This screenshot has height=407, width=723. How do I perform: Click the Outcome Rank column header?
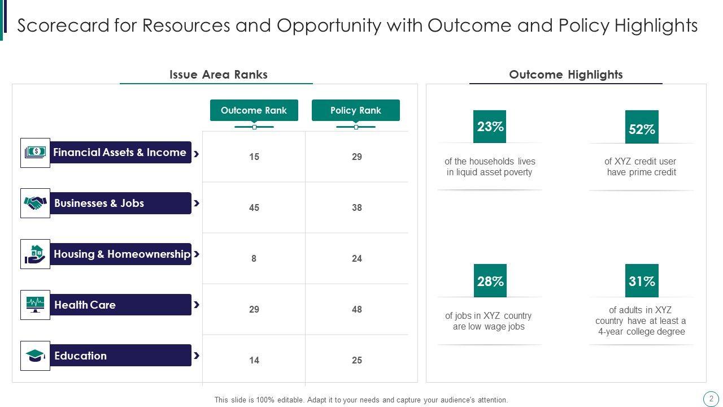click(254, 110)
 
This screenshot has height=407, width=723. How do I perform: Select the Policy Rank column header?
click(355, 110)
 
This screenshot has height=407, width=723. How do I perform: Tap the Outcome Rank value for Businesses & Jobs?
click(254, 207)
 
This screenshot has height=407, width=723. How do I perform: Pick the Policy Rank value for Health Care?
click(356, 309)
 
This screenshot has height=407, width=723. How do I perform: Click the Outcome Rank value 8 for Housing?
click(254, 258)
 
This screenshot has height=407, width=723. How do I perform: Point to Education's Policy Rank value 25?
click(356, 360)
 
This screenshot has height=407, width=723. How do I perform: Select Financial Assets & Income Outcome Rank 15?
click(254, 157)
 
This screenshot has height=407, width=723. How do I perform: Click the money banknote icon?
click(35, 153)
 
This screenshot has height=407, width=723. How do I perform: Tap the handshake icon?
click(35, 203)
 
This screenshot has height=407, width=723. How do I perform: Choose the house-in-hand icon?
click(35, 254)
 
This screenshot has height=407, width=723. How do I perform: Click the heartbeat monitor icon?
click(35, 305)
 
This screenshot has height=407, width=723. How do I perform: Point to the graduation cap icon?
click(35, 356)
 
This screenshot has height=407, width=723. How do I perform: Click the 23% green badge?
click(490, 127)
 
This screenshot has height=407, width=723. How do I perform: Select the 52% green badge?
click(642, 128)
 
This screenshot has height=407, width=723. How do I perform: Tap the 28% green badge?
click(490, 281)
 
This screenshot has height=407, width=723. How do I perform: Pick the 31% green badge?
click(642, 281)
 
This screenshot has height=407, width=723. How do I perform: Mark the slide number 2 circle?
click(711, 399)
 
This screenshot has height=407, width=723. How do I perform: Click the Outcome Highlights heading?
click(565, 75)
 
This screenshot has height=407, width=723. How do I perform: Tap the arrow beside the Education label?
click(197, 356)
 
